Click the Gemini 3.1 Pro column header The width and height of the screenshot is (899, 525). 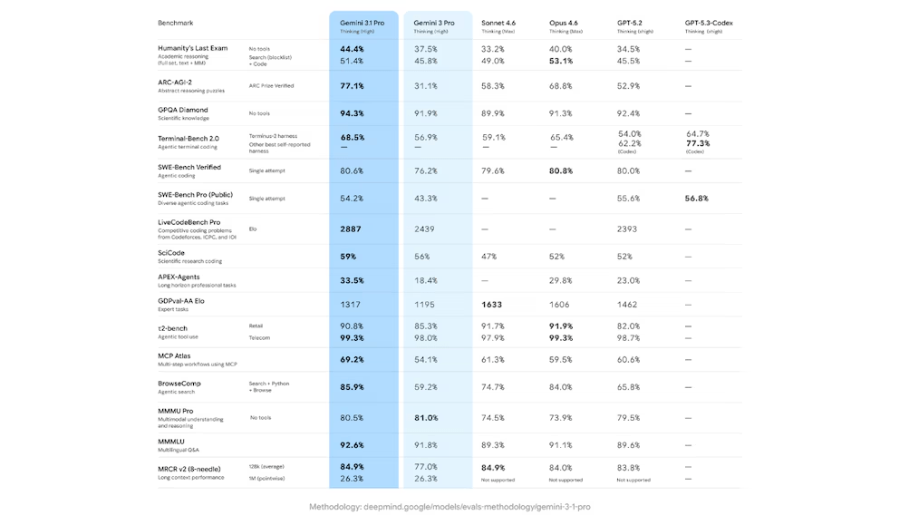[x=362, y=23]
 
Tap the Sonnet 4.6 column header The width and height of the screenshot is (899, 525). [x=499, y=23]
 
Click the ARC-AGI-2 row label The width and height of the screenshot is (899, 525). [x=175, y=82]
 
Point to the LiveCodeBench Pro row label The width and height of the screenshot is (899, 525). [x=188, y=222]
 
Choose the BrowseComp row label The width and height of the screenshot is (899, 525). [x=179, y=384]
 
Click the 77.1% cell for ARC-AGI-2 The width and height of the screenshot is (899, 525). [x=352, y=86]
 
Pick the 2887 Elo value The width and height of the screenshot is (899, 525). [x=351, y=229]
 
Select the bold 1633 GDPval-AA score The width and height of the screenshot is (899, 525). [x=492, y=305]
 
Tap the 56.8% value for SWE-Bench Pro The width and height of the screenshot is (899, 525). [x=697, y=198]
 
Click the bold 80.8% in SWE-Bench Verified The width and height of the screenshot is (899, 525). [x=561, y=170]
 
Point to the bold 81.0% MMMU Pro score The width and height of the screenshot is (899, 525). [x=426, y=418]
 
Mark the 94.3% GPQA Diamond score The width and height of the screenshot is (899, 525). [x=352, y=113]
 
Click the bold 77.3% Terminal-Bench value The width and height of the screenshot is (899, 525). [x=698, y=143]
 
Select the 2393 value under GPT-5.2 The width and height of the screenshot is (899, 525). [x=627, y=229]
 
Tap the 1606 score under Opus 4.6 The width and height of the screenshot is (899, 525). [x=560, y=305]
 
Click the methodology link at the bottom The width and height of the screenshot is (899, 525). [x=449, y=507]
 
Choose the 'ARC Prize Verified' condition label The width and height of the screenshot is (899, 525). [x=271, y=86]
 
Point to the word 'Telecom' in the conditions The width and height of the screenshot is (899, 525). [x=260, y=337]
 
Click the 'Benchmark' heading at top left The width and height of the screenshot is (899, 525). [x=175, y=23]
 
